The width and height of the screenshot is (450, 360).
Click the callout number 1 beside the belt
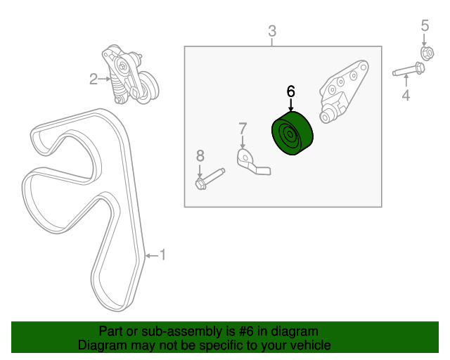pos(162,255)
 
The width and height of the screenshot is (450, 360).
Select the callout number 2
pos(94,79)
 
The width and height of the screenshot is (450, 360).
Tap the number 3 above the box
pos(272,31)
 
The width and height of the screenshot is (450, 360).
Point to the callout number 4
pos(406,95)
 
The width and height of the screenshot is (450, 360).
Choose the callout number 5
pos(425,25)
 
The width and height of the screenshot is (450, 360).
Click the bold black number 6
pos(290,91)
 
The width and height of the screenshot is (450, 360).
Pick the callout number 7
pos(243,129)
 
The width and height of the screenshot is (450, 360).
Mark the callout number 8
pos(200,156)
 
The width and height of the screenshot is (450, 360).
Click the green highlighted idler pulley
pos(292,133)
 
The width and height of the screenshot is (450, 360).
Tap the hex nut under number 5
pos(427,53)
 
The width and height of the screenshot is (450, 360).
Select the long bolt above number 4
pos(409,69)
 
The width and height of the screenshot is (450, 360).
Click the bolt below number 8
pos(210,179)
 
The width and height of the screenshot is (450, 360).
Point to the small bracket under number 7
pos(252,162)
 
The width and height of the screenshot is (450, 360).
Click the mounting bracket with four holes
pos(343,92)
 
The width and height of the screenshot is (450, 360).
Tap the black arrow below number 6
pos(291,105)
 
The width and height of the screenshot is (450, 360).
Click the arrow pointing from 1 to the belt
pos(152,255)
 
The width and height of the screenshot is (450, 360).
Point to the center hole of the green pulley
pos(290,134)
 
